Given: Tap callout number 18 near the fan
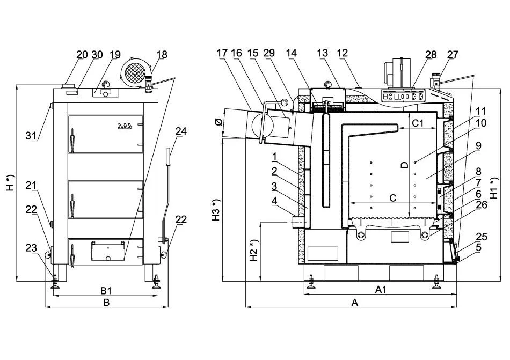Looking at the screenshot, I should click(162, 54).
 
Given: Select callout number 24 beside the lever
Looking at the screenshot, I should click(181, 130).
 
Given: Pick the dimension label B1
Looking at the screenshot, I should click(106, 290).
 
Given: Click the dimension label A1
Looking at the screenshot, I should click(381, 290).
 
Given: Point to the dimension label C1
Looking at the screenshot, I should click(418, 123).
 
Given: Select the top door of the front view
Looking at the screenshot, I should click(106, 133).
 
